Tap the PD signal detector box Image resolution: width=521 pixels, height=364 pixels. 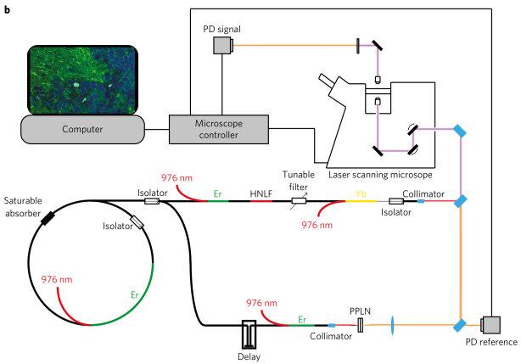223,47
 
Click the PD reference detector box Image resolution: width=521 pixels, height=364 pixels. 490,324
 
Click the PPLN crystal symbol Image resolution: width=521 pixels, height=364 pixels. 361,325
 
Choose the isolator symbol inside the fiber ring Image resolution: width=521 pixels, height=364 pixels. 137,223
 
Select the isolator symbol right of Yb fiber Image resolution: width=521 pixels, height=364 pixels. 395,202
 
